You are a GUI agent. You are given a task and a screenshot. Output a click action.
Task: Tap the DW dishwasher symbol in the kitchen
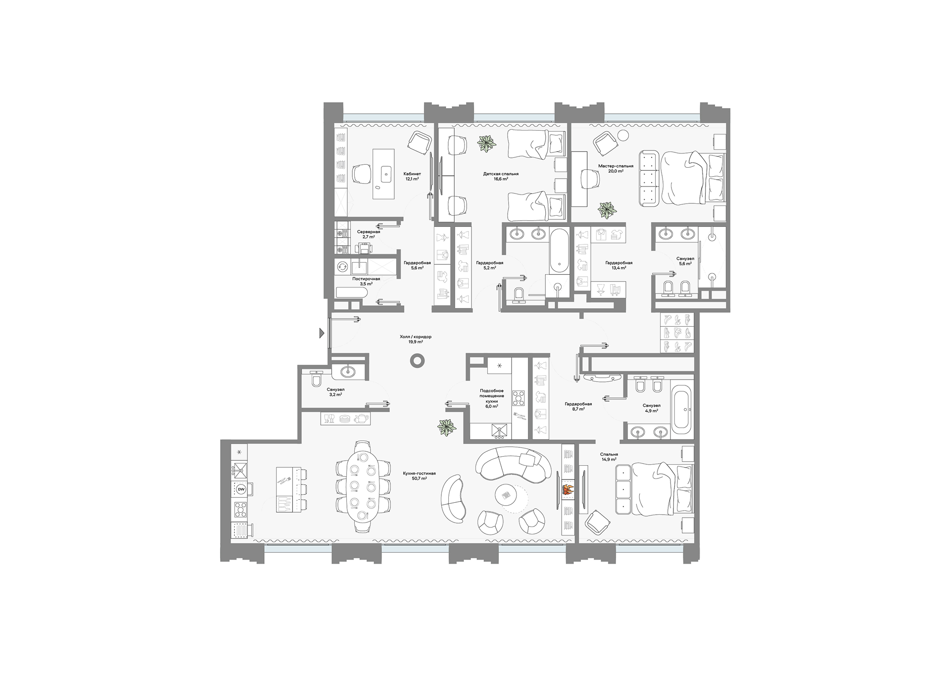[241, 489]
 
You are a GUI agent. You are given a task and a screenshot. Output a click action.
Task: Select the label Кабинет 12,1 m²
[412, 177]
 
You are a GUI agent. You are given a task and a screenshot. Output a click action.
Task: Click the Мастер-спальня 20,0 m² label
[616, 169]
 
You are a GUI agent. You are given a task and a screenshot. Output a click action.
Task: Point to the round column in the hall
[417, 361]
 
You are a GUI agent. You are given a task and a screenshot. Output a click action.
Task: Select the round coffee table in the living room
[508, 495]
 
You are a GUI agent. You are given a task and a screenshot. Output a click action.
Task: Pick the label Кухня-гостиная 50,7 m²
[419, 476]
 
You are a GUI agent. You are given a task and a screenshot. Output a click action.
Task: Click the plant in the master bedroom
[607, 210]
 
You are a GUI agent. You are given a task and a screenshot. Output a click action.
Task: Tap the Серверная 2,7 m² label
[368, 234]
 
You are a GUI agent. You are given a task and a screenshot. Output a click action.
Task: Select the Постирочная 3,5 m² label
[366, 281]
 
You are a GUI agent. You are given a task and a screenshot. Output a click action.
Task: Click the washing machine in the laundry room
[342, 266]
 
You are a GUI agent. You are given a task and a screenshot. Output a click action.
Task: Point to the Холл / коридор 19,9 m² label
[416, 339]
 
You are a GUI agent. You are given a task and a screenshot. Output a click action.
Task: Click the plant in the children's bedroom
[487, 144]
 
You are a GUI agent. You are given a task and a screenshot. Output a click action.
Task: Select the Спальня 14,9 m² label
[609, 457]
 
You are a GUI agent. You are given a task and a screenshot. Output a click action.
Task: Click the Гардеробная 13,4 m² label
[618, 265]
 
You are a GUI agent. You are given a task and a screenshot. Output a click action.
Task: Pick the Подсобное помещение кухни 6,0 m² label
[492, 398]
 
